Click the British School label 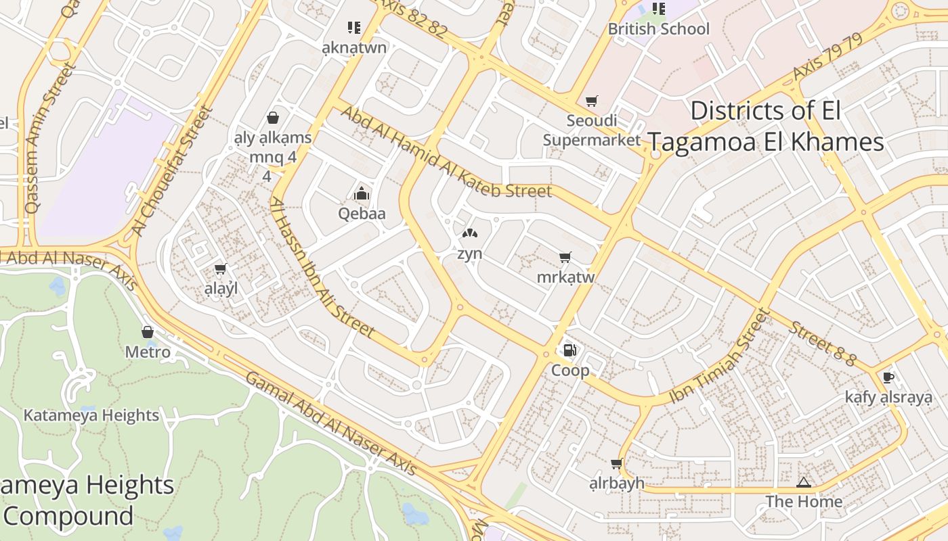(x=658, y=29)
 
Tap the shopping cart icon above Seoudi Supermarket (x=592, y=101)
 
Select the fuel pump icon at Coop (x=570, y=350)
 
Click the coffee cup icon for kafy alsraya (x=888, y=377)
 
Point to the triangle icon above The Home (x=804, y=482)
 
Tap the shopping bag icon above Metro (x=148, y=332)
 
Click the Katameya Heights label (x=91, y=415)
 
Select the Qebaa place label (x=362, y=214)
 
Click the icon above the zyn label (x=469, y=233)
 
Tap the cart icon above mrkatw (x=565, y=257)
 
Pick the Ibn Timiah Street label (x=720, y=356)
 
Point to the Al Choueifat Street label (x=173, y=170)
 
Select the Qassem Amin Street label (x=49, y=139)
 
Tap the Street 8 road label (x=822, y=344)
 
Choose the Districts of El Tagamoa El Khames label (x=765, y=126)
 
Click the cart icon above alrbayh (x=616, y=464)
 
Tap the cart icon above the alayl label (x=220, y=269)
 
